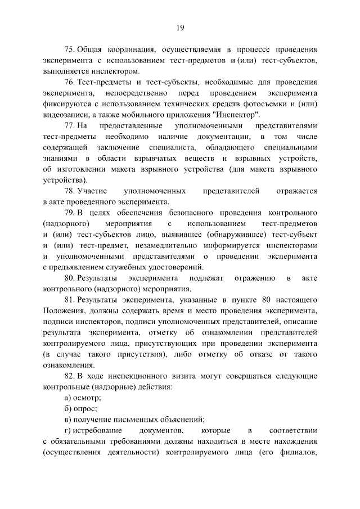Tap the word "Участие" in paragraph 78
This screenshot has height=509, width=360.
pyautogui.click(x=93, y=192)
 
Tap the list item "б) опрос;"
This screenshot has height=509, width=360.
pyautogui.click(x=82, y=408)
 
